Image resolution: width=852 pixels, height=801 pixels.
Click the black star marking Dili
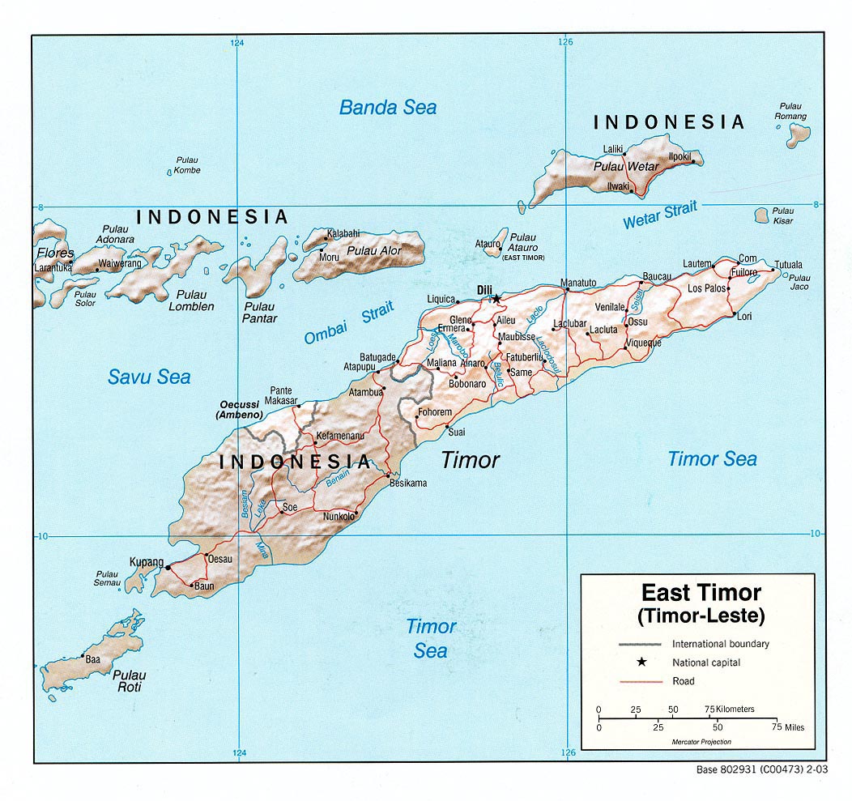(x=496, y=299)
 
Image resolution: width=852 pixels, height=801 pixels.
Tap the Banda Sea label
(x=387, y=107)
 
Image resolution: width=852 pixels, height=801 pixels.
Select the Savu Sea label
(x=149, y=377)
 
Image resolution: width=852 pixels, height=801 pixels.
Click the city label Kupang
(x=146, y=561)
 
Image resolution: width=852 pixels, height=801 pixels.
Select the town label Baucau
(x=656, y=277)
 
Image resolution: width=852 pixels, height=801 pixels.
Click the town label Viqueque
(x=643, y=343)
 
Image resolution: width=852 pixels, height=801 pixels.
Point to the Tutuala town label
(x=788, y=265)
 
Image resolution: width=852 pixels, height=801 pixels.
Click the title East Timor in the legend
(x=701, y=592)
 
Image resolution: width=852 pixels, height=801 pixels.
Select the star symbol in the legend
(x=641, y=663)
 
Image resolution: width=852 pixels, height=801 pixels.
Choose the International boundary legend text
(x=720, y=644)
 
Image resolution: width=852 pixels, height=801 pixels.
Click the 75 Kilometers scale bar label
(x=731, y=709)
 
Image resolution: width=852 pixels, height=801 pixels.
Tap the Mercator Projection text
(x=701, y=742)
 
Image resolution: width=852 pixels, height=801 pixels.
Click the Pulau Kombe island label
(x=186, y=165)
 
